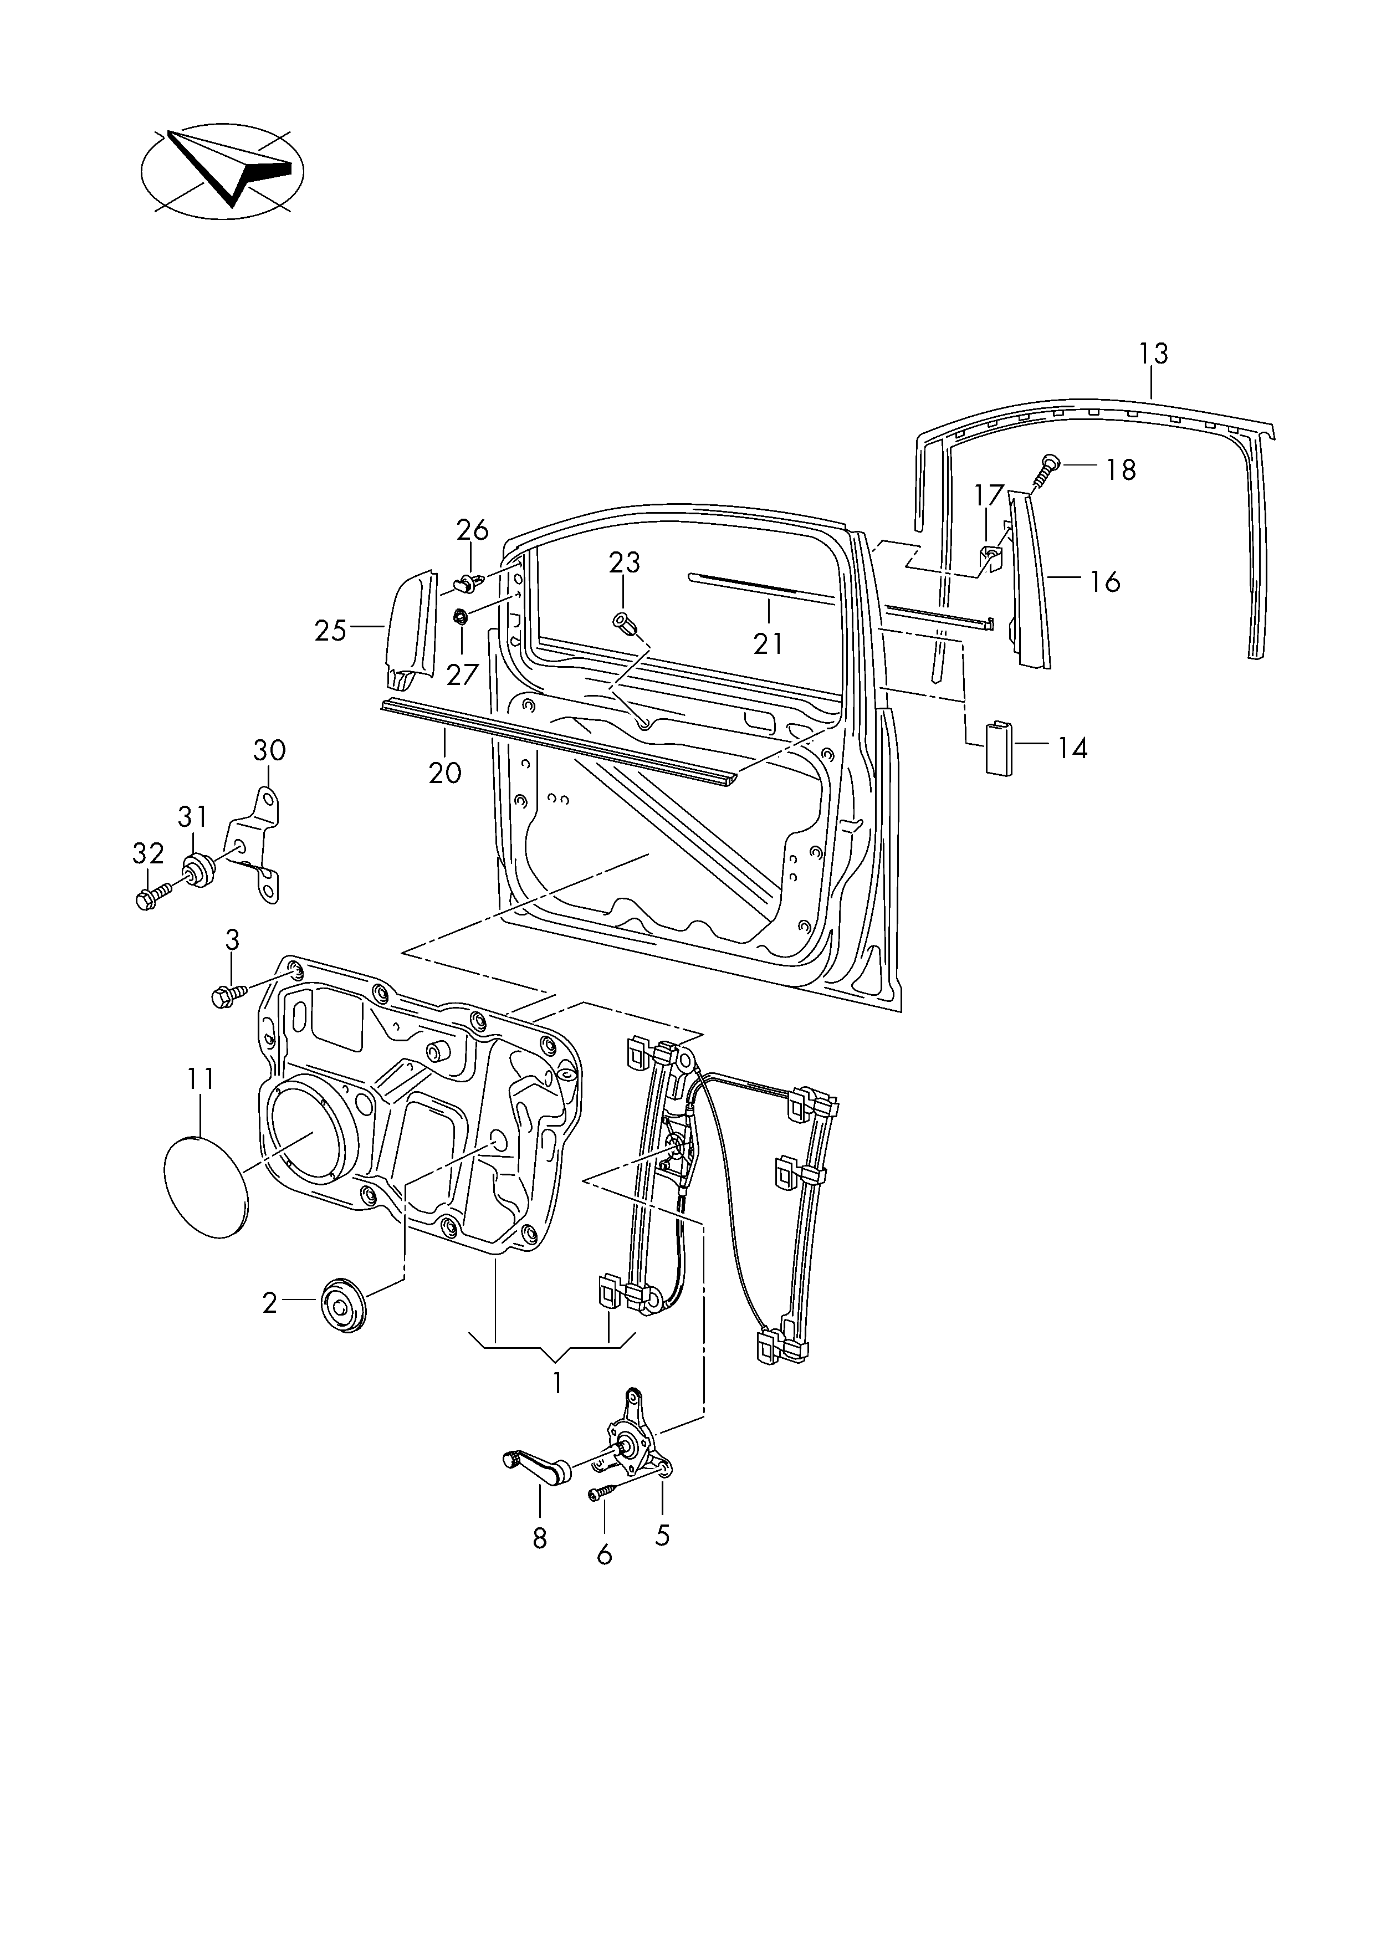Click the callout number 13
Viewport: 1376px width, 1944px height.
pos(1153,354)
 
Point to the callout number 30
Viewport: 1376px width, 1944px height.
pos(269,750)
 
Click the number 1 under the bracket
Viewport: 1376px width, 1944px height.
pos(557,1383)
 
